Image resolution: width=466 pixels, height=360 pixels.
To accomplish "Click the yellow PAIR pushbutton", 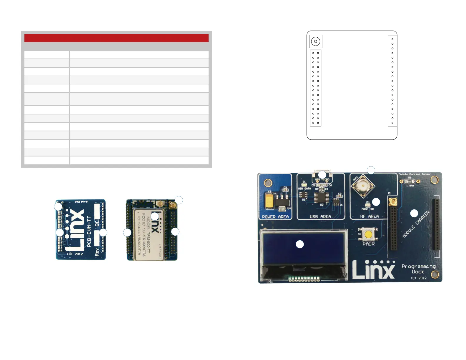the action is pos(368,235).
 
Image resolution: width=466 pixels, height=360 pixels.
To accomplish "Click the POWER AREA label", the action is pos(275,217).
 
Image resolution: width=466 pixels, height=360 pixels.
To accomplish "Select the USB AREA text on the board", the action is pos(320,217).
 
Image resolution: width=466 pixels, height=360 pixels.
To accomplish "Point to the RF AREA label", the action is pos(370,216).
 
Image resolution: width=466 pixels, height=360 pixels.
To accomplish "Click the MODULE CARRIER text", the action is pos(416,224).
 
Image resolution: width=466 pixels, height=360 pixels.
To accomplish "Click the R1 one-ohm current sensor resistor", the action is pos(409,181).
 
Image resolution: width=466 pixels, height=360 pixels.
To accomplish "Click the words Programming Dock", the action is pos(418,269).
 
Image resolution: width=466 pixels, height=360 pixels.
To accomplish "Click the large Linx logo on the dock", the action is pos(373,270).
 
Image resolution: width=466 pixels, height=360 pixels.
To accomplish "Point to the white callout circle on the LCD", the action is pos(299,244).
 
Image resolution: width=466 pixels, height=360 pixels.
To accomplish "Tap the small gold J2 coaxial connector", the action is pos(392,202).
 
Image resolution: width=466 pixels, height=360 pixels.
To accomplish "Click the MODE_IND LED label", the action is pos(368,209).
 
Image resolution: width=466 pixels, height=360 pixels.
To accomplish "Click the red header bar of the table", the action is pos(116,38).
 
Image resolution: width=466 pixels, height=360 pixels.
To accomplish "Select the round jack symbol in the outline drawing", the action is pos(316,41).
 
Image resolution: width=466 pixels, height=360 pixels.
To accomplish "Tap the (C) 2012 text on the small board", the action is pos(75,254).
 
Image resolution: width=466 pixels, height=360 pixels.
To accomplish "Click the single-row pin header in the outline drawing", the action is pos(392,81).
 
